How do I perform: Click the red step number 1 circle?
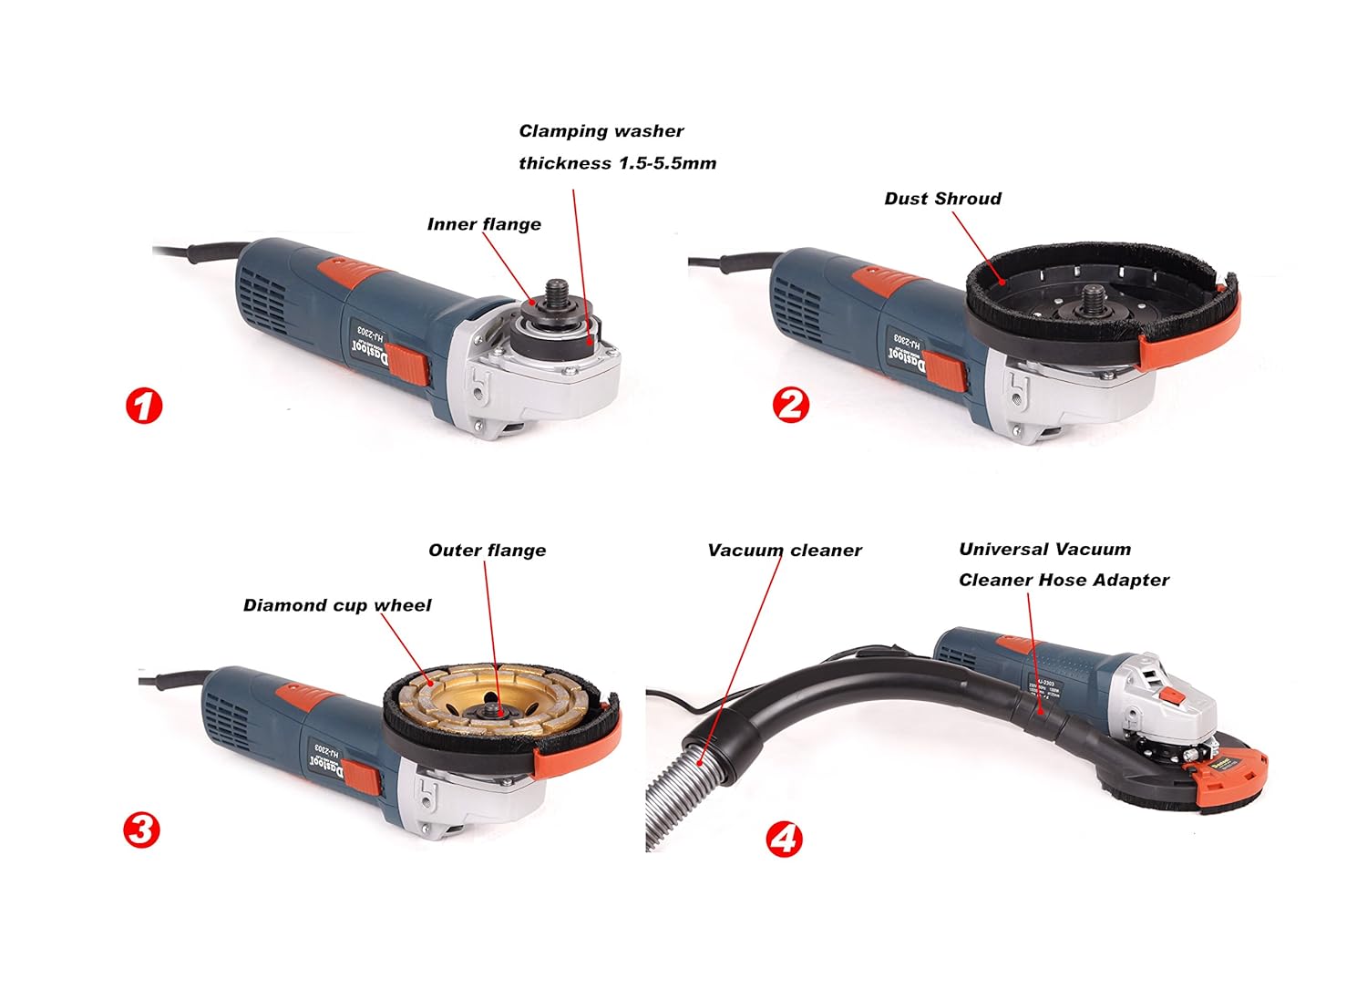pyautogui.click(x=143, y=406)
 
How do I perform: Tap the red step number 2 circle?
pyautogui.click(x=790, y=404)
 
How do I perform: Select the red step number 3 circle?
pyautogui.click(x=141, y=829)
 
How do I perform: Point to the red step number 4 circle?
pyautogui.click(x=784, y=838)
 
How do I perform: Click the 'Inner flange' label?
pyautogui.click(x=484, y=224)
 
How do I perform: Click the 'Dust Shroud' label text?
pyautogui.click(x=942, y=199)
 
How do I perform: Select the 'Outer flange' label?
pyautogui.click(x=487, y=551)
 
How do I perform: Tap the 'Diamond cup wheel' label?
pyautogui.click(x=336, y=605)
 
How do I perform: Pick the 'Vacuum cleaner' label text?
pyautogui.click(x=784, y=551)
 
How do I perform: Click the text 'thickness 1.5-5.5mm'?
pyautogui.click(x=617, y=163)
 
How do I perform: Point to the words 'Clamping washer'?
pyautogui.click(x=601, y=131)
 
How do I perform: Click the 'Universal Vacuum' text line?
pyautogui.click(x=1044, y=550)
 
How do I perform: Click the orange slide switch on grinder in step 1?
pyautogui.click(x=412, y=366)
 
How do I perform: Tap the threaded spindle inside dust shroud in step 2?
pyautogui.click(x=1091, y=300)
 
